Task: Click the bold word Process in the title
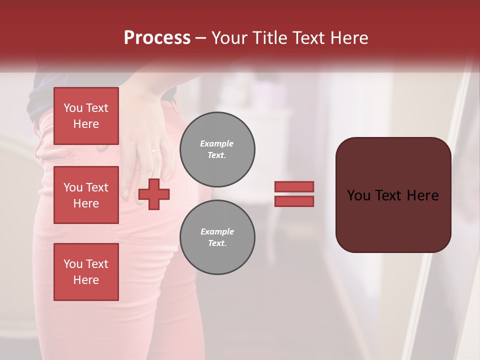point(157,38)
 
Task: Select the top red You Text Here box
point(86,116)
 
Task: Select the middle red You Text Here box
point(86,195)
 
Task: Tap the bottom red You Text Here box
point(86,272)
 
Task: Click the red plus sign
point(154,194)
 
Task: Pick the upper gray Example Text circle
point(217,149)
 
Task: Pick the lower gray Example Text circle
point(217,237)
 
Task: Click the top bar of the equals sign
point(294,186)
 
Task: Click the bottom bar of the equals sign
point(294,201)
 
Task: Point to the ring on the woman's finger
point(156,150)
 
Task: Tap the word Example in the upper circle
point(217,143)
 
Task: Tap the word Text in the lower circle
point(217,243)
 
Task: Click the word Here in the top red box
point(86,124)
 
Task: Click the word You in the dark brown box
point(358,195)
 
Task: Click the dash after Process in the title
point(201,38)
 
